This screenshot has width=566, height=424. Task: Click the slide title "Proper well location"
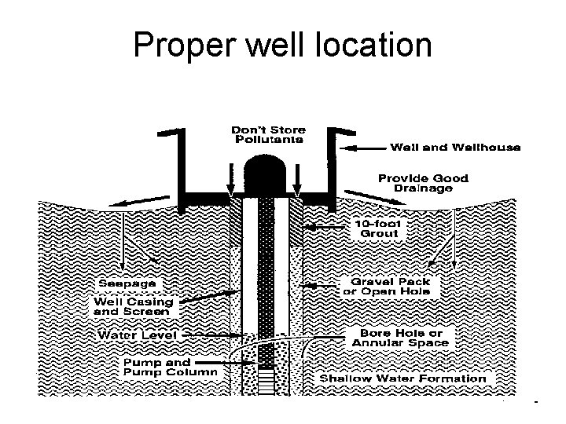(x=282, y=46)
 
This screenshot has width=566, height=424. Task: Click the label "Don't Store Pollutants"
(x=269, y=134)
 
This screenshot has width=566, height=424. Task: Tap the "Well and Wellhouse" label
(x=455, y=148)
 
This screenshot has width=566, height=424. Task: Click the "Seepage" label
(x=127, y=283)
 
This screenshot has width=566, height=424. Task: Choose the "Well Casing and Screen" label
(x=134, y=306)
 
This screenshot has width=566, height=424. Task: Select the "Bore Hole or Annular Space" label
(x=400, y=338)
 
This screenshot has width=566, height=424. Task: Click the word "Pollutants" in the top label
(x=269, y=140)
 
